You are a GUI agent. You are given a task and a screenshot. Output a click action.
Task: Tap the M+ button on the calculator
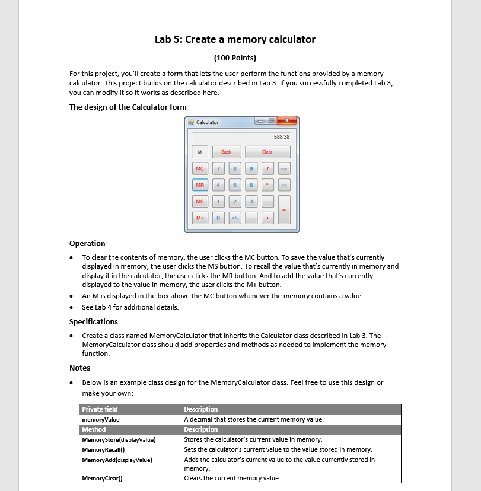click(x=200, y=219)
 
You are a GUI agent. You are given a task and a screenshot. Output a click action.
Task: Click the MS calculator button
click(x=200, y=202)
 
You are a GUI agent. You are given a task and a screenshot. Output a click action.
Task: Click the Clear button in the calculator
click(x=267, y=152)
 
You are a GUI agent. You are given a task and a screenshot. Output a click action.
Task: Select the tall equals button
click(x=284, y=210)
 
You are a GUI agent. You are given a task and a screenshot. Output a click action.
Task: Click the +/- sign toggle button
click(x=235, y=219)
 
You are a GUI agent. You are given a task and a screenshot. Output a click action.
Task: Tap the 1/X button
click(x=284, y=186)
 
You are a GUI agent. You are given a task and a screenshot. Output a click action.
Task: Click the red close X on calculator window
click(x=286, y=122)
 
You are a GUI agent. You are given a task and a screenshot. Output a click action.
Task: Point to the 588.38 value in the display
click(x=282, y=136)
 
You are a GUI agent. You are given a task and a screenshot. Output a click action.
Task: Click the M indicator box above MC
click(x=200, y=152)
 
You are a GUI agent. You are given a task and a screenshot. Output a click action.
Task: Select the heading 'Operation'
click(x=87, y=244)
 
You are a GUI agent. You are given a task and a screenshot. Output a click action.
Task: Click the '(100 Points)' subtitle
click(x=235, y=58)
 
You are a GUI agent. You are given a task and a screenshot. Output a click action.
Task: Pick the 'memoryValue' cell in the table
click(x=101, y=419)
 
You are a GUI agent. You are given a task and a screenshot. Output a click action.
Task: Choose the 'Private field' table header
click(x=100, y=409)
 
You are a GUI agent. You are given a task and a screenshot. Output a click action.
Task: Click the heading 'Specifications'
click(x=94, y=322)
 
